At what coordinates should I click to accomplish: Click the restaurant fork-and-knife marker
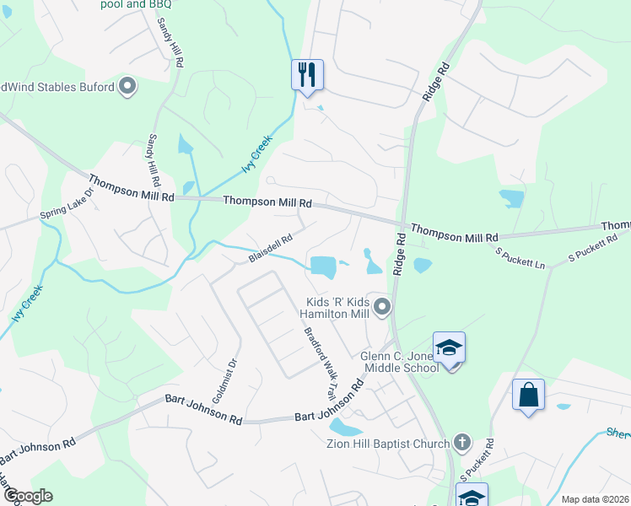click(x=306, y=74)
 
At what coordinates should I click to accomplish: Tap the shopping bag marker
click(x=528, y=395)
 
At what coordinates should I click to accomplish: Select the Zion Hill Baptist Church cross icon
click(x=461, y=441)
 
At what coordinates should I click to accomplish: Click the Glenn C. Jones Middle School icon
click(x=449, y=347)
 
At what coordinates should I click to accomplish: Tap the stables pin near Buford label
click(x=128, y=87)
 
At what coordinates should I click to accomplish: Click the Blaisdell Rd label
click(x=271, y=248)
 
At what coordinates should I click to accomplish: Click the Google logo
click(x=28, y=496)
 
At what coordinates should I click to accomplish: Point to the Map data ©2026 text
click(x=595, y=499)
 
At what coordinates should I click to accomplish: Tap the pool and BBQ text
click(x=136, y=4)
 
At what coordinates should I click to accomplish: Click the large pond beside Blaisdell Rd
click(x=322, y=266)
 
